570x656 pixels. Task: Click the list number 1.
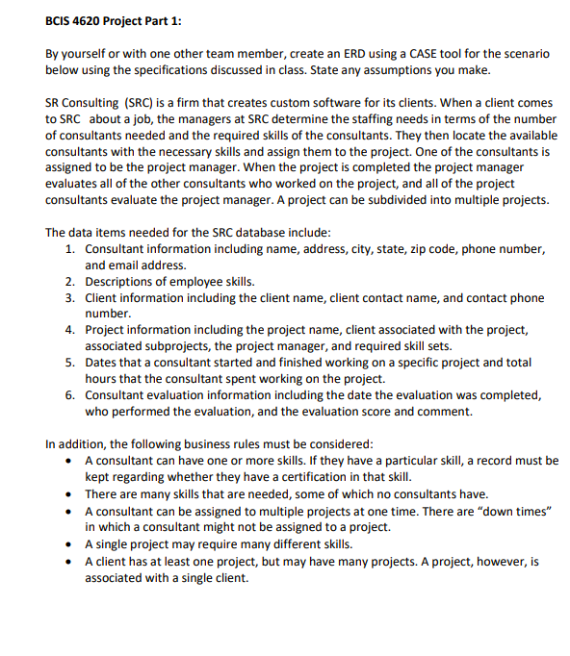click(70, 249)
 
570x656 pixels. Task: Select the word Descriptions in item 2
click(119, 282)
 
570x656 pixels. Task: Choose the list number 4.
click(70, 331)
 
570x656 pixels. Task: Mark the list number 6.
click(70, 396)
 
